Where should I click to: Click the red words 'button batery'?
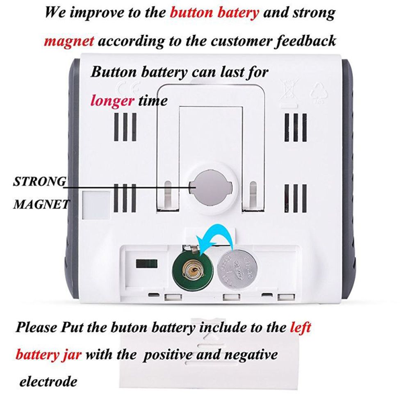tap(214, 13)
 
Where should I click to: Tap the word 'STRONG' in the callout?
tap(40, 181)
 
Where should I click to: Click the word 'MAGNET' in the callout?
tap(40, 204)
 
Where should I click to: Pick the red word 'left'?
tap(301, 328)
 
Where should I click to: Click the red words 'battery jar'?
tap(48, 354)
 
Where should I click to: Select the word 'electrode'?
tap(48, 382)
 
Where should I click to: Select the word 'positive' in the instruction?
tap(168, 354)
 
